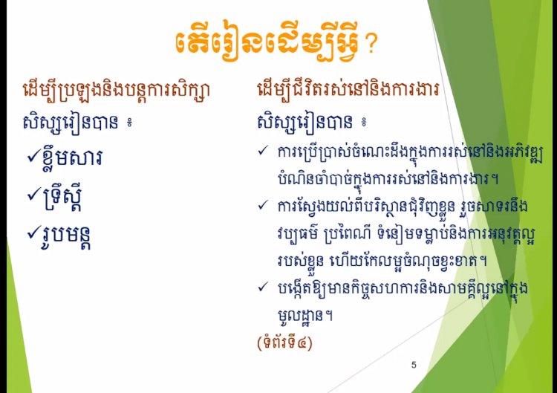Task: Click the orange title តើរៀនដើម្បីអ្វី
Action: tap(267, 44)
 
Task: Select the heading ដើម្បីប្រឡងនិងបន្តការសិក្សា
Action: tap(116, 90)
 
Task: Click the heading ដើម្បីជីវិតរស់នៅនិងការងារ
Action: tap(348, 90)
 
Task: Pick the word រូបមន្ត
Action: tap(67, 237)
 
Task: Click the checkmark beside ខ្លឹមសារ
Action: tap(34, 156)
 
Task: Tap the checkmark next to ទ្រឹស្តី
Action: tap(34, 195)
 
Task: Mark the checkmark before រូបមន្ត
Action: tap(34, 233)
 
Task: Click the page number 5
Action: tap(414, 365)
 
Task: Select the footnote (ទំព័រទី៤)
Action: tap(284, 343)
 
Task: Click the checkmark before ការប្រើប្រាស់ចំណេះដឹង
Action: tap(263, 151)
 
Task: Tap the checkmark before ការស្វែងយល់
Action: tap(263, 205)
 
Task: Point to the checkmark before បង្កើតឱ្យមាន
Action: tap(263, 287)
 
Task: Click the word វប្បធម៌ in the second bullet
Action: tap(297, 234)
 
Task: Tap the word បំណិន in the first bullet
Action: tap(291, 178)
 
